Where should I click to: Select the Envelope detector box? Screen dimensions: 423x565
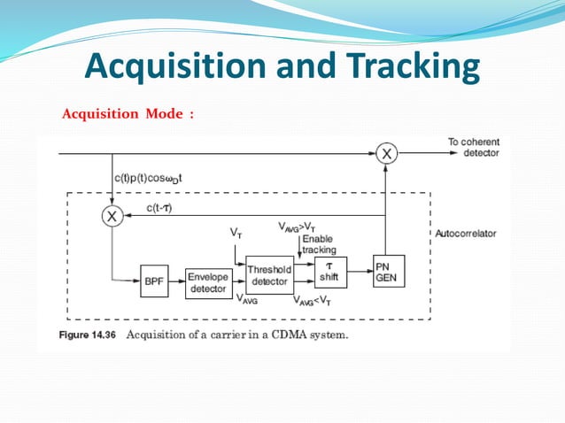(x=208, y=282)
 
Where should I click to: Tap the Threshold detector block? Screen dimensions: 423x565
(x=269, y=275)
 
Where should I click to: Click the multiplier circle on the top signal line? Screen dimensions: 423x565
(x=386, y=154)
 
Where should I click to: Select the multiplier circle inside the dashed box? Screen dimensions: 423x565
(x=112, y=215)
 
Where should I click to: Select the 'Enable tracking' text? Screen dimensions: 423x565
(x=319, y=245)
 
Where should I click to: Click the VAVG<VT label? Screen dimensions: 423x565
(x=314, y=300)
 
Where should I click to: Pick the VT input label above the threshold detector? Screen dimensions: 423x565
(x=236, y=233)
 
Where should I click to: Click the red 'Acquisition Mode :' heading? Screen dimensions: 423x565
(x=127, y=113)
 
